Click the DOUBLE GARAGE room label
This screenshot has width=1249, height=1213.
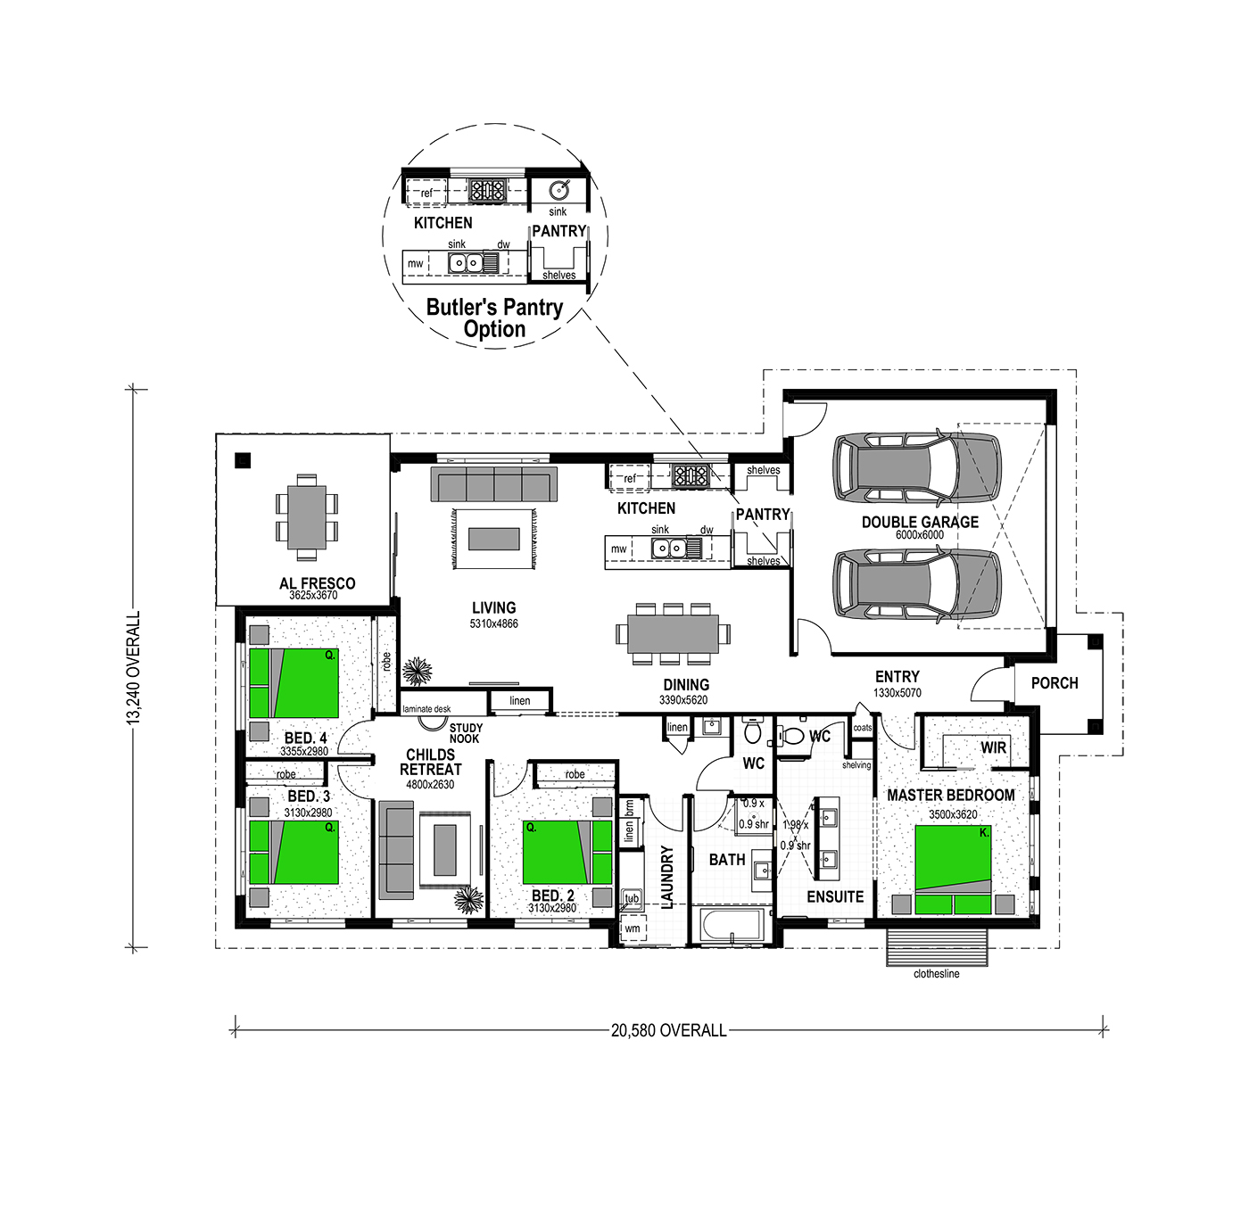[x=920, y=522]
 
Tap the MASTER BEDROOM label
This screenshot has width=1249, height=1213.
[x=950, y=796]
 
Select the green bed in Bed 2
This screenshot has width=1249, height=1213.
[x=567, y=852]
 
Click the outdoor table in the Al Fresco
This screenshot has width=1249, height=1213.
[x=307, y=516]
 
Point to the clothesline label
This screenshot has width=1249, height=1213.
[x=937, y=974]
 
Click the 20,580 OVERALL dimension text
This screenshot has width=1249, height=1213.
[x=668, y=1031]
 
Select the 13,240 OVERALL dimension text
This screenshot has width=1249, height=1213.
[x=134, y=668]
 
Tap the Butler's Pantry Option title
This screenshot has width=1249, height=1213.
[x=494, y=318]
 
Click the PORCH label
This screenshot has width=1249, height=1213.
[x=1055, y=683]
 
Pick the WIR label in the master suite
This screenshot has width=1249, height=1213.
[x=993, y=747]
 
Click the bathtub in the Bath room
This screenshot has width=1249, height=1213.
[x=732, y=927]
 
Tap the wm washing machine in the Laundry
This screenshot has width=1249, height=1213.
[x=633, y=928]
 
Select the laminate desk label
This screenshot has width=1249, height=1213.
[x=426, y=709]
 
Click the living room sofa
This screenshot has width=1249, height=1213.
[x=493, y=484]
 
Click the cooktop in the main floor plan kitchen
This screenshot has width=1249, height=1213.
[x=690, y=474]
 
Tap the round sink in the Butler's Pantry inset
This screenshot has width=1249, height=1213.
[x=558, y=190]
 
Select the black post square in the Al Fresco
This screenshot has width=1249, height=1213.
[x=243, y=460]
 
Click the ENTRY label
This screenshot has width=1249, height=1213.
[x=897, y=676]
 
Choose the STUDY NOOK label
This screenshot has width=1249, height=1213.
[x=466, y=733]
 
